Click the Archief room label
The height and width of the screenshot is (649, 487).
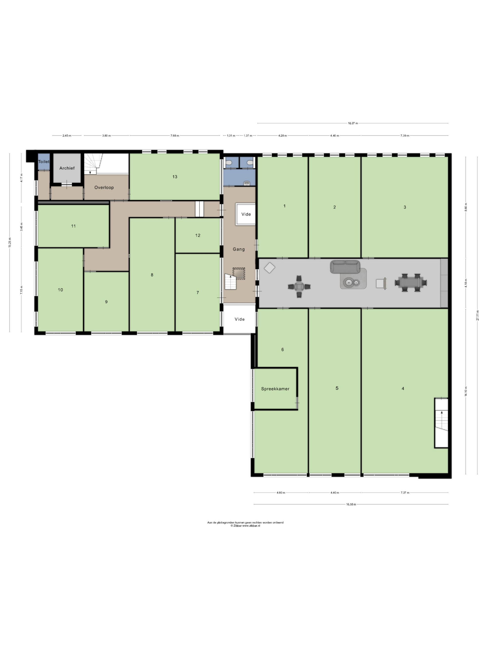point(67,168)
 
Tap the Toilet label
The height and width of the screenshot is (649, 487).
point(44,162)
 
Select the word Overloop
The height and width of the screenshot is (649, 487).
point(104,187)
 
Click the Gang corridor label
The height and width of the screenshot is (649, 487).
point(239,249)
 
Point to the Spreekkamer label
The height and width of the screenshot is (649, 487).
point(275,389)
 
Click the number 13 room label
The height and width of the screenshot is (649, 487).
point(175,177)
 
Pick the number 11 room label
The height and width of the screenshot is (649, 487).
point(73,226)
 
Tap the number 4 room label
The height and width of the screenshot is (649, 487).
point(403,388)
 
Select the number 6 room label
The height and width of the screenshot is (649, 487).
point(282,349)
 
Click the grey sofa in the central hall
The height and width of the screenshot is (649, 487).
point(345,266)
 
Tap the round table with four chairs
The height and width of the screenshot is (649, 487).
point(299,287)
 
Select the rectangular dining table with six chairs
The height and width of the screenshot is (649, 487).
point(411,283)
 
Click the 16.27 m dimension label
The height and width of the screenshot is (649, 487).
point(353,123)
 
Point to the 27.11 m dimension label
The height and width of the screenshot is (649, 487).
point(478,315)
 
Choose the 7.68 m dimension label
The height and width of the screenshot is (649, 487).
point(175,136)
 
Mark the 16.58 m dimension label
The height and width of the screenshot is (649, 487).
point(351,504)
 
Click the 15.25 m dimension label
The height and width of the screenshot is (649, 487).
point(10,242)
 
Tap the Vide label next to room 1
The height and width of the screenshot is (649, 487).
point(246,214)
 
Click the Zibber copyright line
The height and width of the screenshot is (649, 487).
point(245,526)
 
